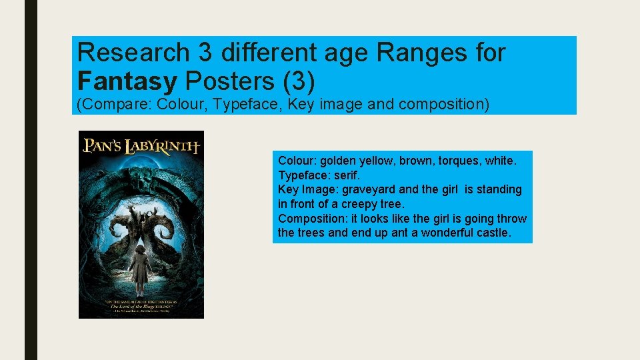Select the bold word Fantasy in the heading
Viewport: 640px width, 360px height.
click(127, 81)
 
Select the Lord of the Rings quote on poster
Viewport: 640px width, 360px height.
click(141, 306)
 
